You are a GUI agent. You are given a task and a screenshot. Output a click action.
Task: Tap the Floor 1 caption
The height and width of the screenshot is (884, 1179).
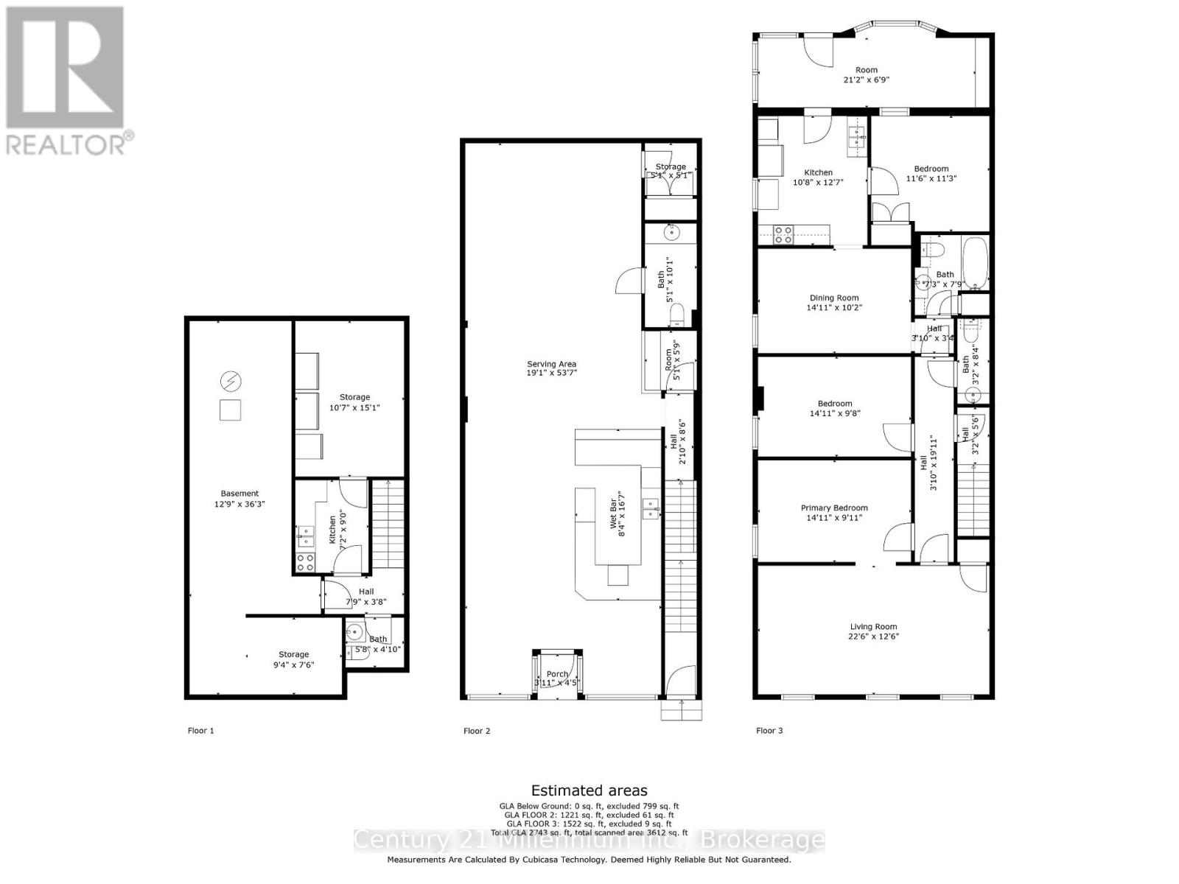[200, 731]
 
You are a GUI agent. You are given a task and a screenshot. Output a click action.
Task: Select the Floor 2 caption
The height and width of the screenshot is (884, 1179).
[476, 731]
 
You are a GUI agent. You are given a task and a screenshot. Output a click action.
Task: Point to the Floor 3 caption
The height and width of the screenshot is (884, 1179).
[769, 731]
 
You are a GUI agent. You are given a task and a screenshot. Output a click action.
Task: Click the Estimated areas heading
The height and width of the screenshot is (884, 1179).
[589, 791]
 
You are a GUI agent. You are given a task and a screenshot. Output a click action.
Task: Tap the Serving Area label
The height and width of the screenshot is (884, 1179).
[551, 364]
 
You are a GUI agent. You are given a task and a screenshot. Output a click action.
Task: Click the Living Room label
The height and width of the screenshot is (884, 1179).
[873, 627]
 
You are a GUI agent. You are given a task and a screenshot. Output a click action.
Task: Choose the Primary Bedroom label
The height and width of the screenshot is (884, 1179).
[834, 508]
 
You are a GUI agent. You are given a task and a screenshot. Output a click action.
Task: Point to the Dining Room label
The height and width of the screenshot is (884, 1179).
[833, 298]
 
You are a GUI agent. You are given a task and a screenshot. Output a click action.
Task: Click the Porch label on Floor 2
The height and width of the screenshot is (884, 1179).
[557, 674]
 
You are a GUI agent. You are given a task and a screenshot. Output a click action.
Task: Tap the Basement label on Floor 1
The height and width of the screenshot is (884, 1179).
[239, 494]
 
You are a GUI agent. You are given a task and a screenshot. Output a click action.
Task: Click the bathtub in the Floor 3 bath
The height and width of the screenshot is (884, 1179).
[976, 264]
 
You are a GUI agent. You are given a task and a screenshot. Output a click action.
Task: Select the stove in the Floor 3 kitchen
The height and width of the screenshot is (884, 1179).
[782, 235]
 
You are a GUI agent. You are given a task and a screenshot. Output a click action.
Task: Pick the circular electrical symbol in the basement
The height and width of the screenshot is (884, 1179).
[231, 381]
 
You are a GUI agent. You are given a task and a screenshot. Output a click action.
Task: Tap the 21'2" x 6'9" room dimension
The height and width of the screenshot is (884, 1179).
[867, 80]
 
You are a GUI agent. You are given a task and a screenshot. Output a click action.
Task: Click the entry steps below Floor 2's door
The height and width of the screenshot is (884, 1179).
[681, 710]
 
